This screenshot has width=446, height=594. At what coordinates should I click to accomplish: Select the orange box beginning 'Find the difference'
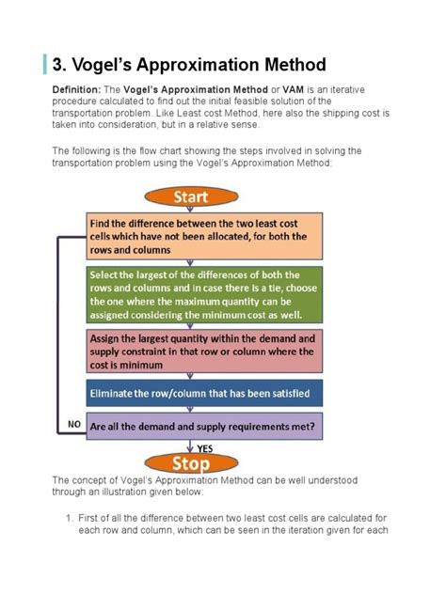[x=205, y=236]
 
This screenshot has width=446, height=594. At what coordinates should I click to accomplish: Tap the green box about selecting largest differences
[x=205, y=294]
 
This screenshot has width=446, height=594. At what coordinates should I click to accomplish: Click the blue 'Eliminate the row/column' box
[x=205, y=391]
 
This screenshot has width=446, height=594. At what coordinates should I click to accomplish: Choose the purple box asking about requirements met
[x=205, y=425]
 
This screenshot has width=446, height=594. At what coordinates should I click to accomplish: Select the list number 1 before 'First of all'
[x=69, y=517]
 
